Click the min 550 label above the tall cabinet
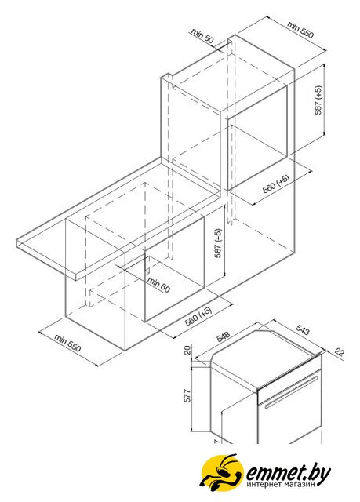tap(300, 30)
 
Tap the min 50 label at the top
tap(202, 35)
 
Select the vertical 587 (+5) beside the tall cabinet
tap(318, 100)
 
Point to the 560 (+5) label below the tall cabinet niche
tap(276, 184)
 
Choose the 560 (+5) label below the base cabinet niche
tap(198, 316)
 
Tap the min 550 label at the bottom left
tap(67, 343)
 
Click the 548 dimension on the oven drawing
tap(223, 336)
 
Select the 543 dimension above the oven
tap(303, 329)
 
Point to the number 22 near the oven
tap(339, 352)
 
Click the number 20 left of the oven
tap(187, 349)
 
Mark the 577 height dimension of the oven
tap(187, 395)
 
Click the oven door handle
tap(291, 392)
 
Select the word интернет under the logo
tap(265, 485)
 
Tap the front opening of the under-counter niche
tap(174, 269)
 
